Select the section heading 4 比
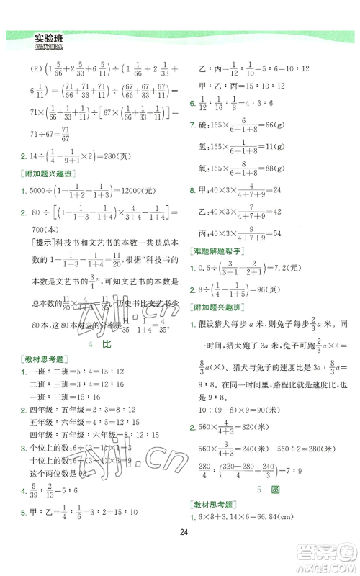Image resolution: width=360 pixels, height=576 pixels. (91, 345)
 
